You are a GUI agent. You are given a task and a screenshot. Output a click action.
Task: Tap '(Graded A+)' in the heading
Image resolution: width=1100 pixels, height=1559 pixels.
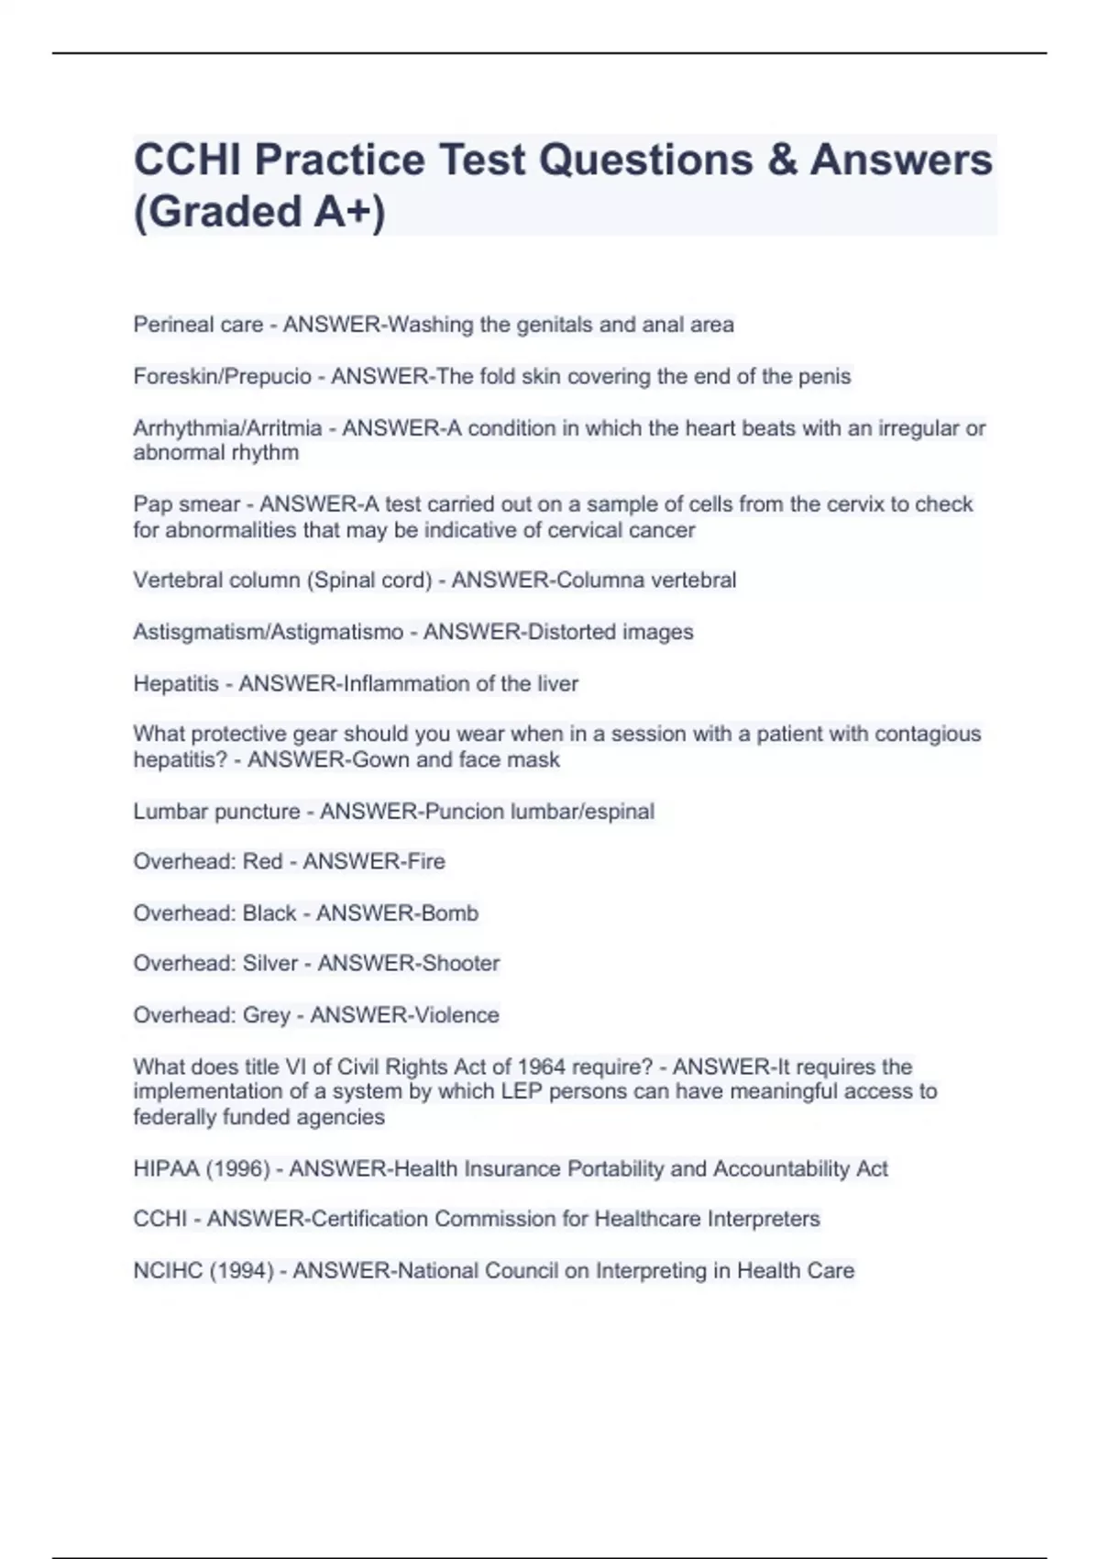[x=259, y=211]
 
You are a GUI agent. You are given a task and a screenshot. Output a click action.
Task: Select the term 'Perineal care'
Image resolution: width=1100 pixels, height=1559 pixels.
[x=198, y=325]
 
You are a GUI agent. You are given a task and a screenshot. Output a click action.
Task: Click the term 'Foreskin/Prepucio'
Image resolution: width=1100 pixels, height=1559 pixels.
[x=222, y=377]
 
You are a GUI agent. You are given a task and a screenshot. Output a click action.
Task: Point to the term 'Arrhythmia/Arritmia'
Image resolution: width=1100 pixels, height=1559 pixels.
[x=227, y=428]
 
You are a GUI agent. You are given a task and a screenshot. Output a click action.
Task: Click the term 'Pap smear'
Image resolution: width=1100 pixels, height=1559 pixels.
[x=187, y=504]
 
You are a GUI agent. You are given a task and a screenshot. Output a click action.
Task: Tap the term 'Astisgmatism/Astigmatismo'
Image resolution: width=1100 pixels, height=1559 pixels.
[x=268, y=632]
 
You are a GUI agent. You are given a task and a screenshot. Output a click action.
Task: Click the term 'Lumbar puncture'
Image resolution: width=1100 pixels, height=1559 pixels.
[x=216, y=812]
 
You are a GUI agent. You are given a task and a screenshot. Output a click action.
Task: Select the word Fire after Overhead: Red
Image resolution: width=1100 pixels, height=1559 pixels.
[x=426, y=862]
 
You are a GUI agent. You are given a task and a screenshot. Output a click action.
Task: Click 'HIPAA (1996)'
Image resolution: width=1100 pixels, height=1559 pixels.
[x=202, y=1169]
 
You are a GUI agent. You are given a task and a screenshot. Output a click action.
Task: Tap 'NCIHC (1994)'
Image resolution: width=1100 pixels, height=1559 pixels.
[x=203, y=1271]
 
